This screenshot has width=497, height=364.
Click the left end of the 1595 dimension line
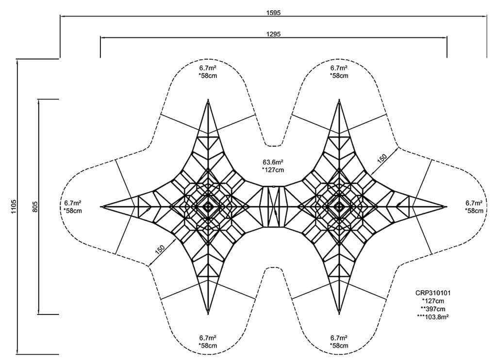[x=60, y=16]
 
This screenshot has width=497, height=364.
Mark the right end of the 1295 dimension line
[x=447, y=37]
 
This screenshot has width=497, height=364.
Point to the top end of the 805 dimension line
[x=38, y=99]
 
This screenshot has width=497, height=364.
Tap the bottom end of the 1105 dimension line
[x=17, y=354]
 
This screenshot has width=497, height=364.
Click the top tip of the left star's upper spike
[x=208, y=99]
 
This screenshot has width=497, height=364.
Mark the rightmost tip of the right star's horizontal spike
[x=447, y=207]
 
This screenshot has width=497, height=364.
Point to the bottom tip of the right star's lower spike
[x=339, y=314]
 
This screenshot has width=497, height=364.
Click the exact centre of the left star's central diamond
[x=208, y=207]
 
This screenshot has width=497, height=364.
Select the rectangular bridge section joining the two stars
[x=274, y=207]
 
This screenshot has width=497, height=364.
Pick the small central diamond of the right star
[x=339, y=207]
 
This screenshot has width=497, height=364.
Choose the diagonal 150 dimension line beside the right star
[x=384, y=161]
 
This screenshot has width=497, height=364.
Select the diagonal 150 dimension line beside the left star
[x=162, y=252]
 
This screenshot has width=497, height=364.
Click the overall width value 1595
[x=274, y=13]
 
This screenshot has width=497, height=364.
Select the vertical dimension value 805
[x=35, y=207]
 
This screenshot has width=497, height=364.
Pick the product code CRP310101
[x=433, y=293]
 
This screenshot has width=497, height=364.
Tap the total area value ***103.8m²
[x=433, y=316]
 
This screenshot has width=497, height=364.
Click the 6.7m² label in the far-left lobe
[x=73, y=203]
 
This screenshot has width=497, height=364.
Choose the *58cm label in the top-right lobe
[x=339, y=76]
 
